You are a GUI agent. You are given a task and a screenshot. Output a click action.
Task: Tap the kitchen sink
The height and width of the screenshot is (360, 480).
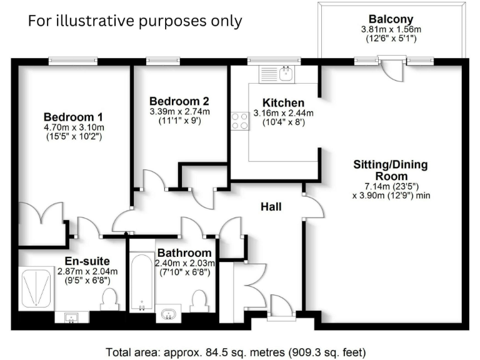tap(286, 74)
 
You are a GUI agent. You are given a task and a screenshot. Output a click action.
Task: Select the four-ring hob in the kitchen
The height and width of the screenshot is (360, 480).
tap(239, 120)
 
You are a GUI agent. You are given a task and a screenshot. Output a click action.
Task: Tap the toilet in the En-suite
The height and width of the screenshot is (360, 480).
tap(109, 299)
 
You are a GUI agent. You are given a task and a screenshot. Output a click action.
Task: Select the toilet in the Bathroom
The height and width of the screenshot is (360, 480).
tap(199, 301)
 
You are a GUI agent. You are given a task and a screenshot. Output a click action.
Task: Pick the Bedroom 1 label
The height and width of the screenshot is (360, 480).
tap(73, 117)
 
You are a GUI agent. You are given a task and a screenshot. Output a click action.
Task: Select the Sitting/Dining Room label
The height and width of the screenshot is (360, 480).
tap(391, 171)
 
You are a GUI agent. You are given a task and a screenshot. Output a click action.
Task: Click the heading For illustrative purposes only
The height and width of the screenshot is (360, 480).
tap(134, 21)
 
